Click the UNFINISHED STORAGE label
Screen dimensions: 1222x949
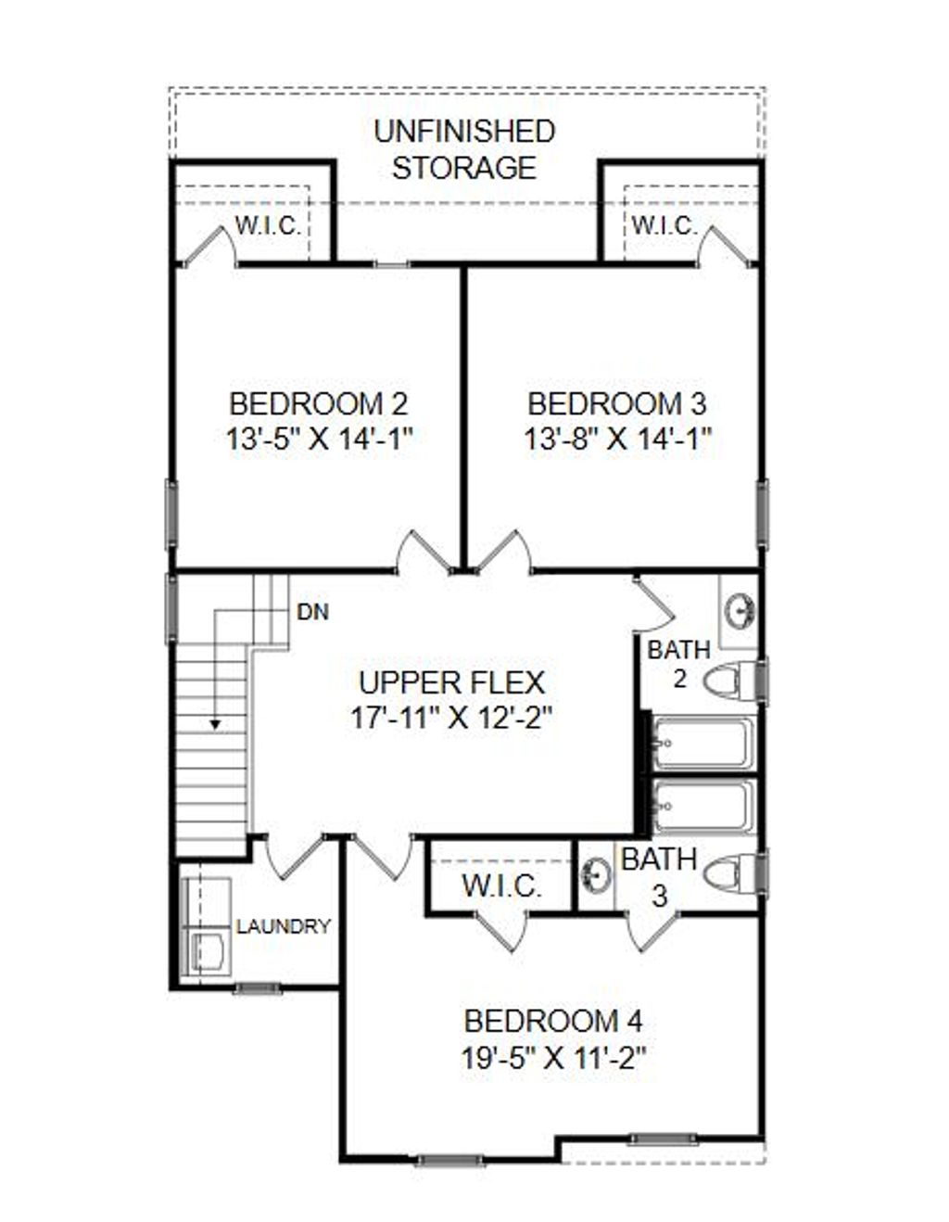point(464,149)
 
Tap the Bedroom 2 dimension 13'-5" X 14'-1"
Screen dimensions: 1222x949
point(319,439)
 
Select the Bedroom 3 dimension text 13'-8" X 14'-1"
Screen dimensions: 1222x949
point(617,439)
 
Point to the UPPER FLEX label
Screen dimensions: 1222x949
point(451,682)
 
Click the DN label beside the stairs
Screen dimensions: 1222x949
point(312,613)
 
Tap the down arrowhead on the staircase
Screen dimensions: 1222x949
point(215,723)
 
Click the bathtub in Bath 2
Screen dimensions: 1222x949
point(703,744)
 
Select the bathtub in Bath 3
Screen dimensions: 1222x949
point(703,807)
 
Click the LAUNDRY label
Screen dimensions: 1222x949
point(284,926)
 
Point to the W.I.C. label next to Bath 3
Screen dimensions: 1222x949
point(501,885)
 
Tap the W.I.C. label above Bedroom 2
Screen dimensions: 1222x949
point(268,225)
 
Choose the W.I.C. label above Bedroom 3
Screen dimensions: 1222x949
point(664,225)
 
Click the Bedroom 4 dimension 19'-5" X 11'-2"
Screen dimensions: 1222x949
point(553,1058)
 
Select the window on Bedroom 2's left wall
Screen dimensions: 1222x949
point(171,514)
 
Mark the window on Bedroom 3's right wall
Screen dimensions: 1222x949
point(763,514)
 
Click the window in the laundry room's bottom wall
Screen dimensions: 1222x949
point(257,988)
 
